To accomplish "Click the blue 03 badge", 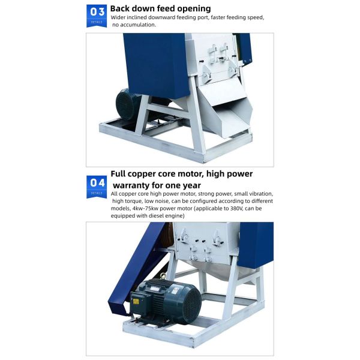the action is click(x=97, y=16).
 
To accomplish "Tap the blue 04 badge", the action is click(x=97, y=187).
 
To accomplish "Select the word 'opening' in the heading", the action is click(x=191, y=9).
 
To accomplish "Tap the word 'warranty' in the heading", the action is click(x=131, y=185).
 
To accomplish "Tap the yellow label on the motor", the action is click(x=136, y=301).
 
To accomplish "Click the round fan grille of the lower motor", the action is click(x=193, y=304).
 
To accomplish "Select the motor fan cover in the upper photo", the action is click(x=124, y=104).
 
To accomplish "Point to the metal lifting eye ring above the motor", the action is click(x=163, y=275).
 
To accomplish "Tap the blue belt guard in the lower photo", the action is click(x=138, y=271).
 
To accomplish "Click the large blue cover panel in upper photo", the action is click(x=157, y=65).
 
